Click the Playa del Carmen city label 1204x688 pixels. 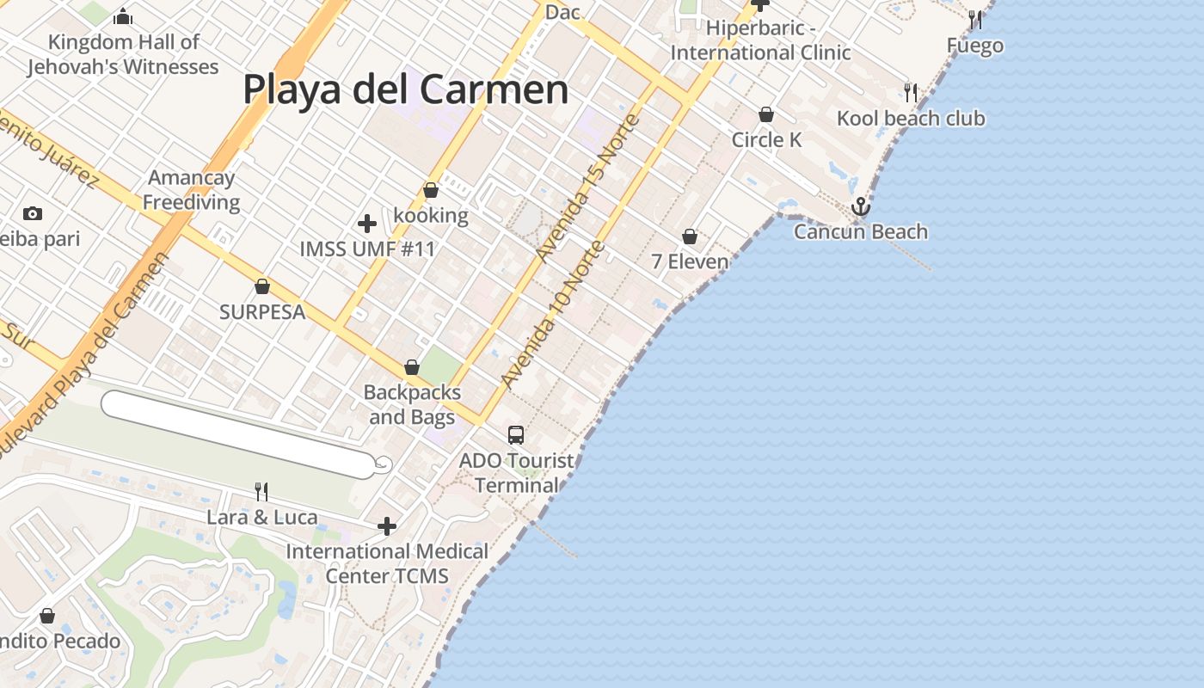(405, 89)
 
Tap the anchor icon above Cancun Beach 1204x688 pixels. (860, 206)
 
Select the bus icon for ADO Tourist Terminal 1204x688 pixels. (516, 435)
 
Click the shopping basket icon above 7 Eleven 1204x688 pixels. (690, 236)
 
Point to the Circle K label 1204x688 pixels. (766, 139)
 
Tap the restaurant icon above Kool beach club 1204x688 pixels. (911, 92)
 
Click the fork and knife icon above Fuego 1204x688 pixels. (974, 19)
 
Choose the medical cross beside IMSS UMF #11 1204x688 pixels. (367, 224)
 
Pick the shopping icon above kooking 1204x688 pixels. (431, 190)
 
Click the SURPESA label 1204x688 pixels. (262, 312)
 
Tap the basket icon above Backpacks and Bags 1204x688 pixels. (412, 368)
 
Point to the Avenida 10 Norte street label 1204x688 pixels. (553, 315)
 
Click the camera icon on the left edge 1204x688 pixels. (33, 213)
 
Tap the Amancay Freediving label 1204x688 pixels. (191, 190)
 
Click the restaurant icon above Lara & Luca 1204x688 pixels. (261, 492)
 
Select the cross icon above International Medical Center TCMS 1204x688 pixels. (387, 525)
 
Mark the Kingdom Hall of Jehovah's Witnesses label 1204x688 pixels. (123, 54)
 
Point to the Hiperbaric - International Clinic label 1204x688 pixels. (760, 40)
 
